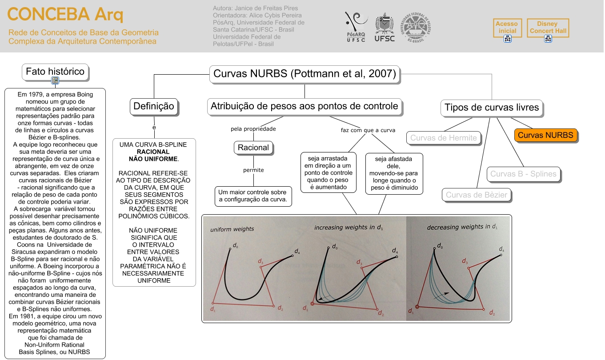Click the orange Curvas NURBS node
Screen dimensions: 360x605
[545, 135]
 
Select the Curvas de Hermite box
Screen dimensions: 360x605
[443, 138]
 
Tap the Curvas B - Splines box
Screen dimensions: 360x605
[523, 174]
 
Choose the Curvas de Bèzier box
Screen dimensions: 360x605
[476, 195]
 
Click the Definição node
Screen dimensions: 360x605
[154, 107]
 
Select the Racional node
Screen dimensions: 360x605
[253, 148]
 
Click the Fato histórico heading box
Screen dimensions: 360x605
[55, 72]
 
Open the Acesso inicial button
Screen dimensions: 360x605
[507, 28]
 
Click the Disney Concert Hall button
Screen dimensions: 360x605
[548, 28]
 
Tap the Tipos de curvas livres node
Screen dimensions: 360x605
[491, 107]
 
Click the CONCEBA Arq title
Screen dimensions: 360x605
[65, 15]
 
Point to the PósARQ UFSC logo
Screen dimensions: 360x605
[356, 27]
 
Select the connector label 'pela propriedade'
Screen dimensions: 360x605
[253, 129]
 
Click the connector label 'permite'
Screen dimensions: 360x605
[253, 170]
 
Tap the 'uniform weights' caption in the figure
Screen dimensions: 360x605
[232, 229]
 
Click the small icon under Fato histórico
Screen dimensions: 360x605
[55, 80]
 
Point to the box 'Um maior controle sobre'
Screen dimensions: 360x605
[253, 196]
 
